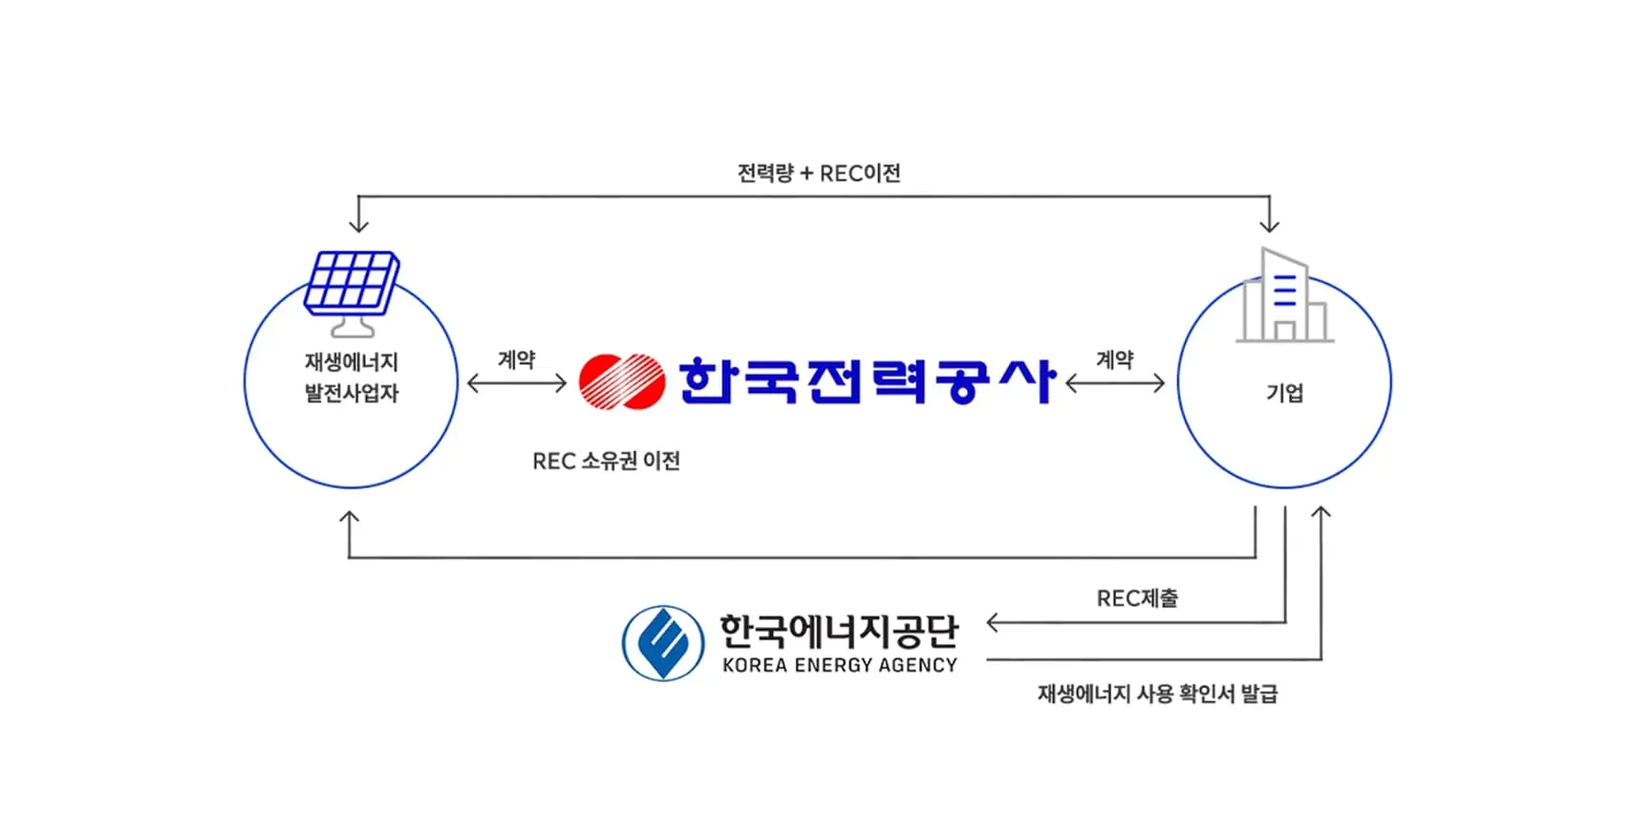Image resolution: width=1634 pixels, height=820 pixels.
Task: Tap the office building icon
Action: click(1283, 297)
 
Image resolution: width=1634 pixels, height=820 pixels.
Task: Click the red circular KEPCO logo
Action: click(622, 381)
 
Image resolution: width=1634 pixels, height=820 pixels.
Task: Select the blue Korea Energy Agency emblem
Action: click(663, 643)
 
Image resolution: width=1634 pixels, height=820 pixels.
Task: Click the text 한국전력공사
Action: click(867, 381)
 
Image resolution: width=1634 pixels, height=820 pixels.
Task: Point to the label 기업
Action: click(1284, 393)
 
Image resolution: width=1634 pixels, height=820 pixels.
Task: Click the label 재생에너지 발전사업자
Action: click(351, 378)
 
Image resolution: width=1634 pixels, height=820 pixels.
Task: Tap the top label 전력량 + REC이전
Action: click(819, 173)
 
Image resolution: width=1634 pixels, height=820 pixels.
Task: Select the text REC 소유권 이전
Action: click(606, 461)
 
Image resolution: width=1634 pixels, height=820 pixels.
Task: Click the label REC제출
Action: click(1137, 598)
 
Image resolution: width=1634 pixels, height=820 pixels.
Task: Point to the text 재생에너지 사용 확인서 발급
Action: click(1157, 693)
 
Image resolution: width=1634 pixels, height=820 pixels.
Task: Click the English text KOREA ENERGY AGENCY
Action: click(840, 665)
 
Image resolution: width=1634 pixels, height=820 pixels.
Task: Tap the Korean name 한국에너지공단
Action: click(838, 631)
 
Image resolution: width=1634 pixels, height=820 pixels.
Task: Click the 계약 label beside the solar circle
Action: click(516, 359)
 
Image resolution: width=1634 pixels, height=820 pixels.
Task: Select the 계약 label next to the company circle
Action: click(1114, 359)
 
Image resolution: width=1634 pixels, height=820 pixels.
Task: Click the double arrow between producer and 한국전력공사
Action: click(517, 384)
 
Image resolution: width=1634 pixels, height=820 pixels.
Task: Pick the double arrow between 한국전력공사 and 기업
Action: click(1115, 384)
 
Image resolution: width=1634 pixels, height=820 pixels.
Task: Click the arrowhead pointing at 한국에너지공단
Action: click(993, 623)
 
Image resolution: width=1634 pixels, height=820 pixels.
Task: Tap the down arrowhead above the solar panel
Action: click(358, 226)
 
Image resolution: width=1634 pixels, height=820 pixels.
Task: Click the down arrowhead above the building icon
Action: click(1269, 226)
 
